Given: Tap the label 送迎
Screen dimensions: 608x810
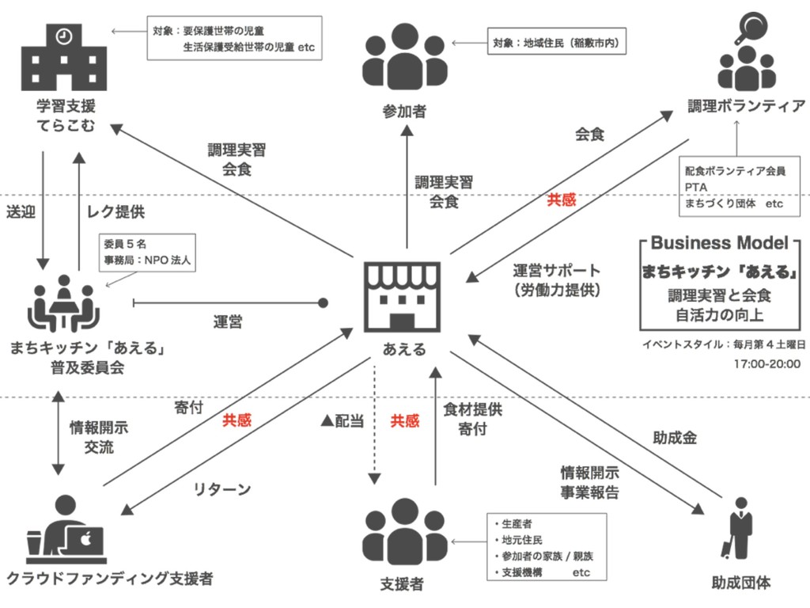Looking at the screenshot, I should (21, 212).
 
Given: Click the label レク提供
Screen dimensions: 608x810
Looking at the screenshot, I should (116, 212).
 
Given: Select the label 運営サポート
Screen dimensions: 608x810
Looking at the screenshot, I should (556, 271).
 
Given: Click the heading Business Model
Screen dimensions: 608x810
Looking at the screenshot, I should (719, 242).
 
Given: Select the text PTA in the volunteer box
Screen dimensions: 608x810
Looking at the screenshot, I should (696, 187).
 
